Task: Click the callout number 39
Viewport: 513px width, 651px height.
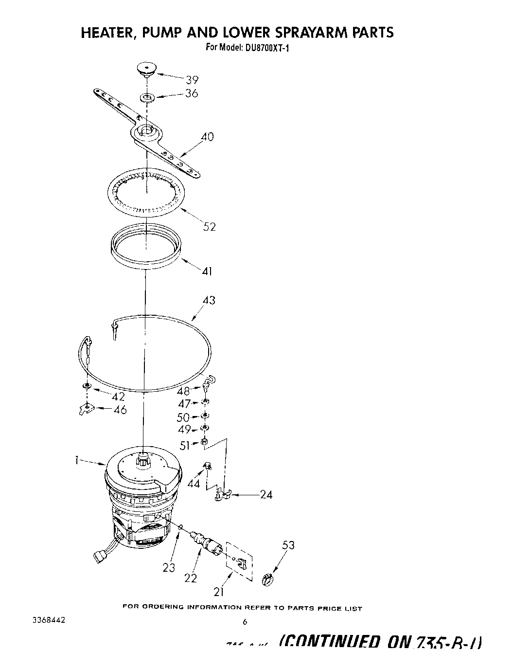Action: click(192, 80)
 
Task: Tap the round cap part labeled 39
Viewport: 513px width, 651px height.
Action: click(145, 68)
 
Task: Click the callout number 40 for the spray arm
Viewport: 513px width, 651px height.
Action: click(207, 137)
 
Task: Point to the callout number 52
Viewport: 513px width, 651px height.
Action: click(210, 226)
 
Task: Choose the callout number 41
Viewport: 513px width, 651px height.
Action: click(207, 271)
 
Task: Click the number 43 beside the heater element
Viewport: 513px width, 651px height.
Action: click(209, 300)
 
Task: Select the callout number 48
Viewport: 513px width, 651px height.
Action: click(183, 391)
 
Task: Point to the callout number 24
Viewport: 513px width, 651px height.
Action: click(266, 495)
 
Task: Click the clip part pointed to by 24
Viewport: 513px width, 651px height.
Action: click(221, 495)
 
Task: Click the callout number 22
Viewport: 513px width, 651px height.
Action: click(191, 578)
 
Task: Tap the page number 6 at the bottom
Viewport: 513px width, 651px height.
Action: click(245, 621)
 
